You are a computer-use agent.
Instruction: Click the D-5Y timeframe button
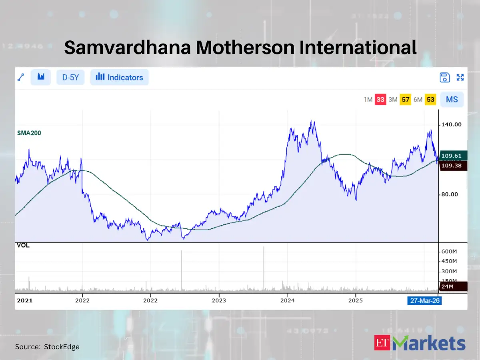click(x=70, y=77)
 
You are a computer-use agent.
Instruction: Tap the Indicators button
click(x=120, y=77)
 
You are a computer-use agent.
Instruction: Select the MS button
click(x=452, y=99)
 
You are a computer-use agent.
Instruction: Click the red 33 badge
click(x=380, y=100)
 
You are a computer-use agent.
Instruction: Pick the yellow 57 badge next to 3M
click(x=406, y=100)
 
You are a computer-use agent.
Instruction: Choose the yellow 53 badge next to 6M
click(x=430, y=100)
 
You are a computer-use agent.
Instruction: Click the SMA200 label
click(x=29, y=133)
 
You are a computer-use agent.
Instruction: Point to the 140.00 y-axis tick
click(x=451, y=124)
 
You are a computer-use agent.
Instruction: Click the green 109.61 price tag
click(x=453, y=156)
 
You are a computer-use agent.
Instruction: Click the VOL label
click(x=22, y=245)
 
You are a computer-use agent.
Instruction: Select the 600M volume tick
click(x=449, y=251)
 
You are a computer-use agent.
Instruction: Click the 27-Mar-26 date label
click(x=424, y=300)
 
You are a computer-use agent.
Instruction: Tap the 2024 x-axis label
click(x=288, y=300)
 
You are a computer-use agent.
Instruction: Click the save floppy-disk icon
click(x=444, y=78)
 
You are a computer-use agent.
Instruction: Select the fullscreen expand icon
click(x=460, y=78)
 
